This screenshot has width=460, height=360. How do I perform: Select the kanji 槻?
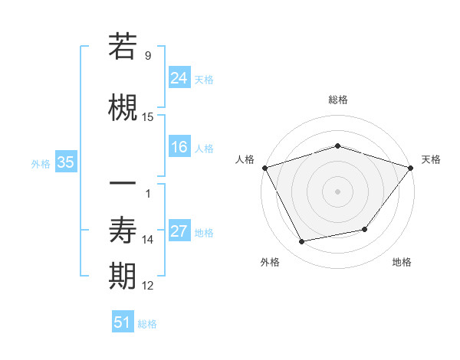123,107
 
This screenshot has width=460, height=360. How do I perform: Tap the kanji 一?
123,183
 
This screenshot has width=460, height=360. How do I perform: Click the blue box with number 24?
179,78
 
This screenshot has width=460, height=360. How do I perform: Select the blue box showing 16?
179,147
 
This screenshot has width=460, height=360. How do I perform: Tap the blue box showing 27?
179,231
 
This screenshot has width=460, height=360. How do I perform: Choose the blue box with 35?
65,162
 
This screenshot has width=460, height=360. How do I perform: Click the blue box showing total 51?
123,322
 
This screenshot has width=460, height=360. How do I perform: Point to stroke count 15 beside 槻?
148,116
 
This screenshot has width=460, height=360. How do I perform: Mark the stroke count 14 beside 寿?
148,240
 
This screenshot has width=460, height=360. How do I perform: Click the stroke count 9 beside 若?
147,55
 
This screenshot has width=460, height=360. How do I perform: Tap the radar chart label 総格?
337,100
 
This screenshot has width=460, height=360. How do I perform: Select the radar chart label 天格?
432,159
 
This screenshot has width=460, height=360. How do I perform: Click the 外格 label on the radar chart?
270,262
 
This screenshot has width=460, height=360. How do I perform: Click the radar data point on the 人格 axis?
264,168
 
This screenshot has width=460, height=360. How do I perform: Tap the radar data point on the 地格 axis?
365,229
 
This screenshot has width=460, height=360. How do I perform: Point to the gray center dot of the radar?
337,191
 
